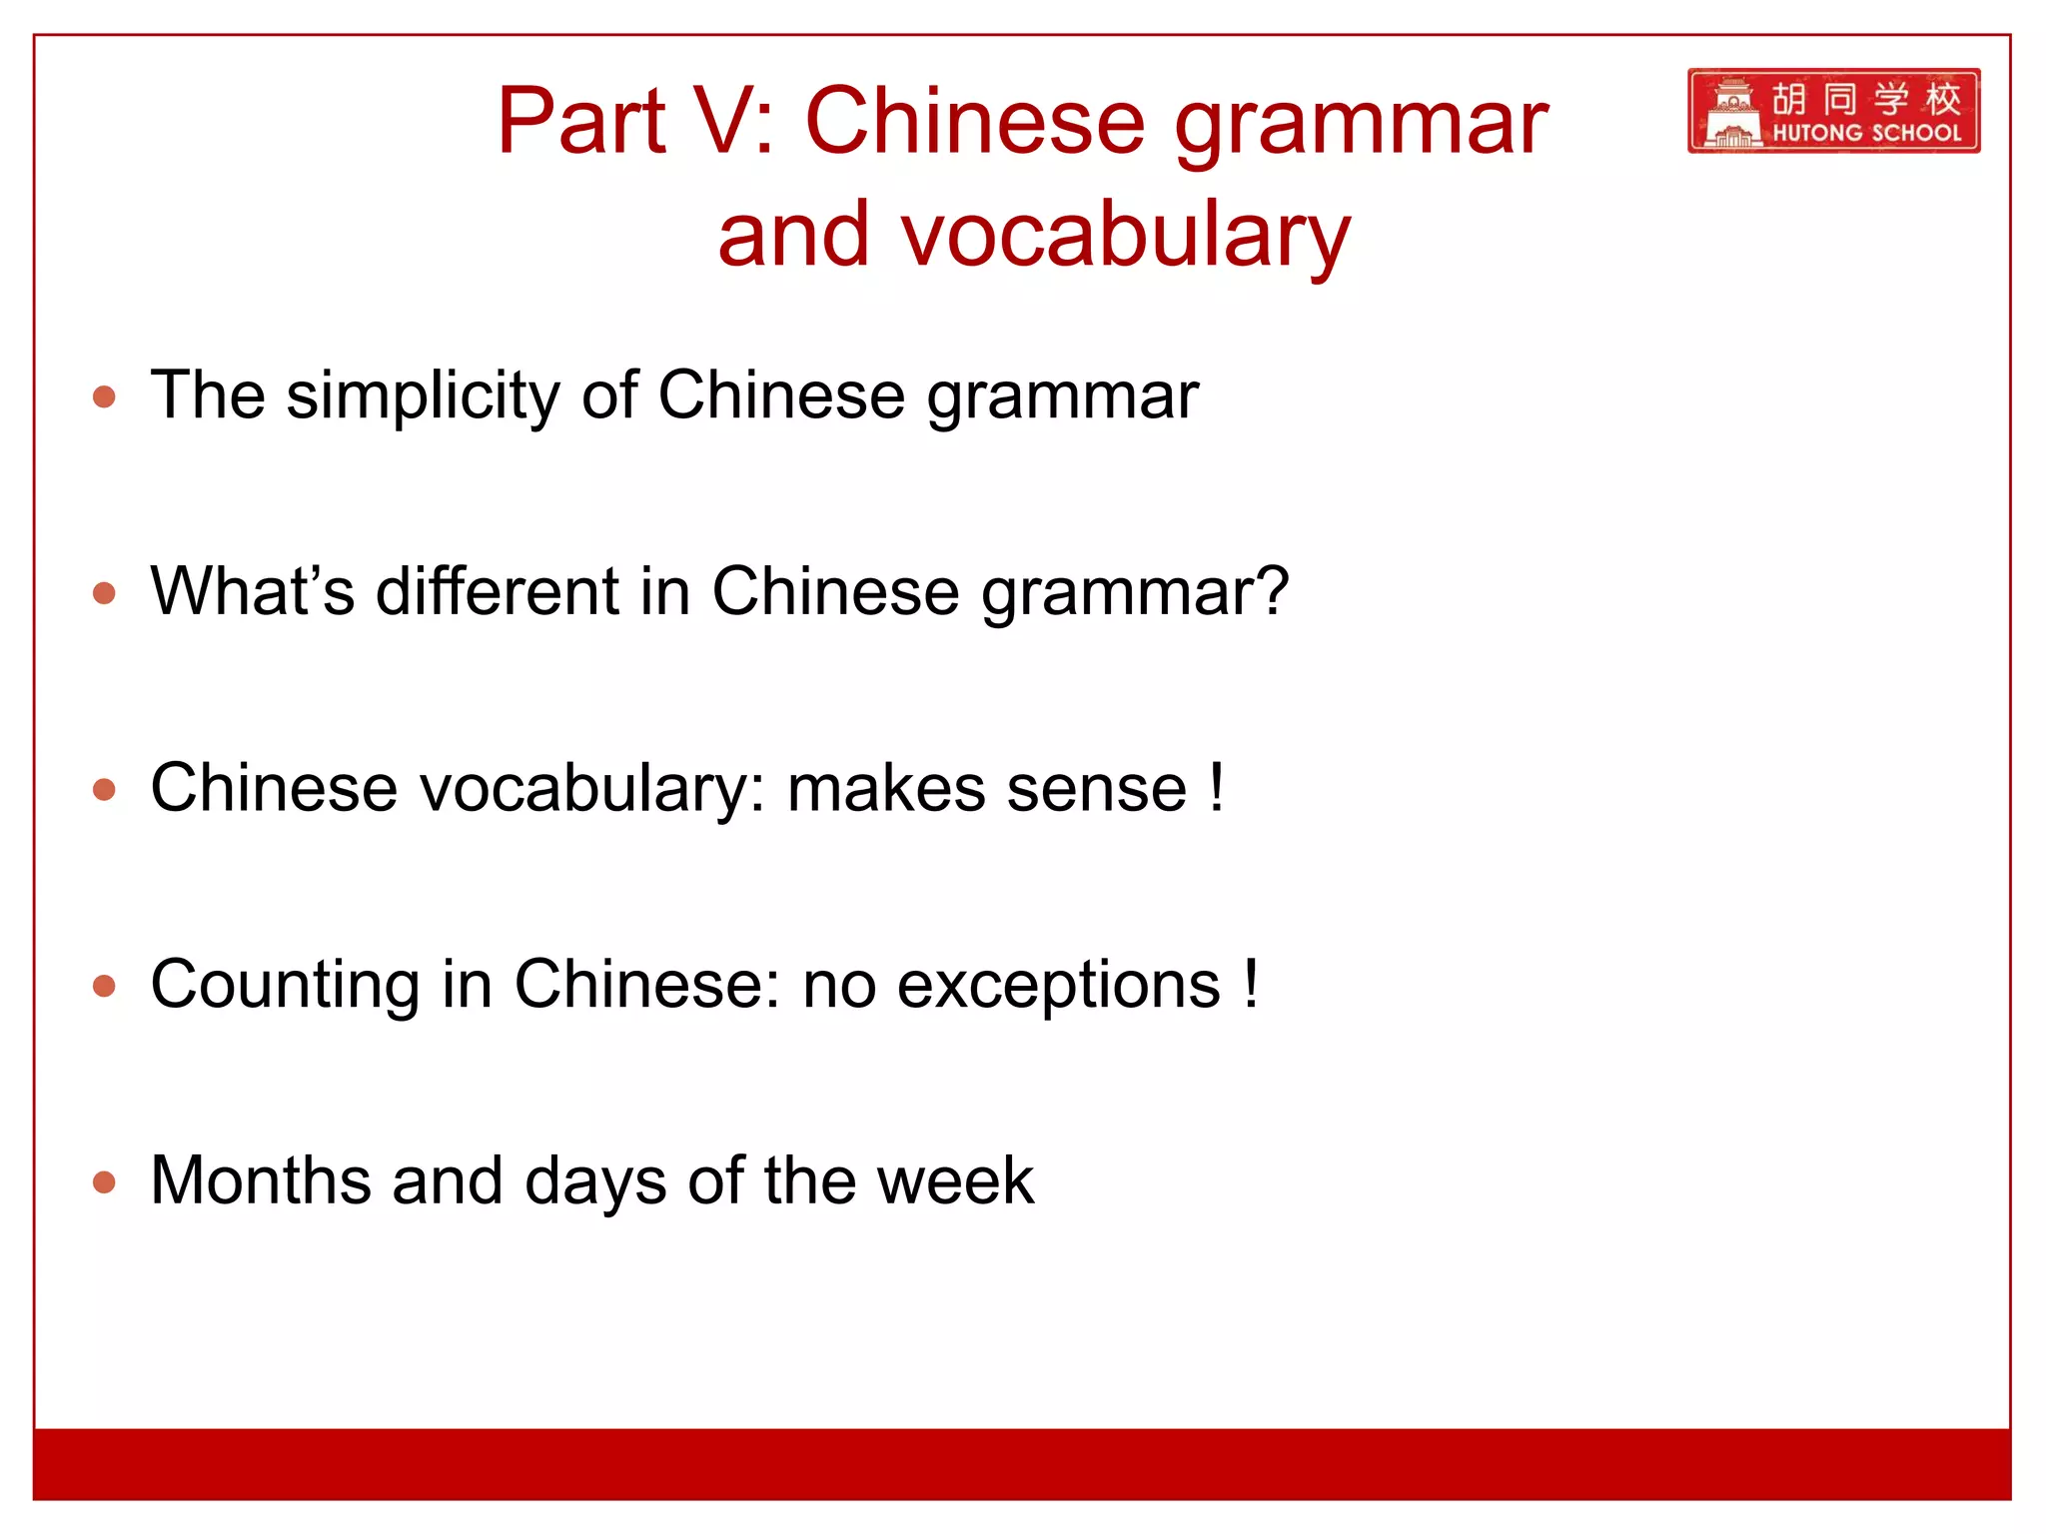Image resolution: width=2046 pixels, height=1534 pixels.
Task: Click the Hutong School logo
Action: (x=1833, y=110)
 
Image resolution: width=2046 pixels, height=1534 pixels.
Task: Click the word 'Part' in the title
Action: (x=581, y=122)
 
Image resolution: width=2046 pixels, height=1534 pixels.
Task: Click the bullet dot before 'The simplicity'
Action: (x=104, y=397)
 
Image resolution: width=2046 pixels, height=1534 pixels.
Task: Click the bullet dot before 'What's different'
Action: (x=104, y=593)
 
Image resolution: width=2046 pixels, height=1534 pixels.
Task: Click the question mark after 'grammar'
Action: (x=1270, y=591)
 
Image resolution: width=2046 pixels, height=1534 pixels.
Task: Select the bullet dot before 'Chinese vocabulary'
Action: (x=104, y=790)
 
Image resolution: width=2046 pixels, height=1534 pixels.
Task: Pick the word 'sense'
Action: (x=1096, y=789)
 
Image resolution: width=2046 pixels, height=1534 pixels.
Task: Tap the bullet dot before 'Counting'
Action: (x=104, y=987)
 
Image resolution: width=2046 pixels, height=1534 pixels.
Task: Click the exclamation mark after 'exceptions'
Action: (x=1251, y=984)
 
